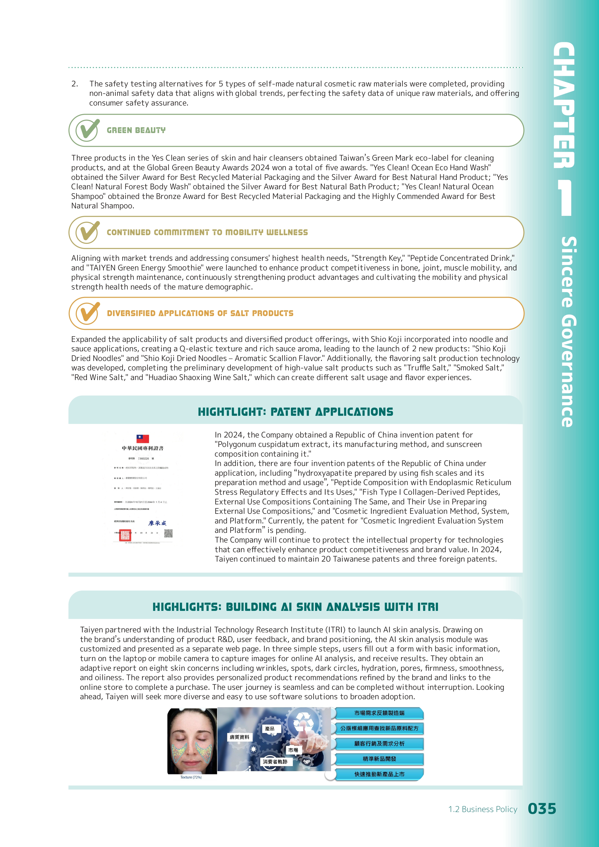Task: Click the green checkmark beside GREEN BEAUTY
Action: (87, 130)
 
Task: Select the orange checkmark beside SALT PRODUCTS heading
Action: (87, 313)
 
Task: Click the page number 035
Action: (542, 809)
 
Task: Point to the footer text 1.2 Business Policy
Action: (482, 809)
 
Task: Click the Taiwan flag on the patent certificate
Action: (143, 438)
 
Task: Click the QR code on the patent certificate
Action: (168, 533)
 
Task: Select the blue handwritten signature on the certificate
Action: (157, 523)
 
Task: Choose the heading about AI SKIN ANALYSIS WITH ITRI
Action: (296, 607)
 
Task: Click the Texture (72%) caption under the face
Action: (191, 777)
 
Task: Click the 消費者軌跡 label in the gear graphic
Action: (275, 762)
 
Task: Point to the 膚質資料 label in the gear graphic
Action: (239, 737)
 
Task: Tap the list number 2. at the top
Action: (75, 84)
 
